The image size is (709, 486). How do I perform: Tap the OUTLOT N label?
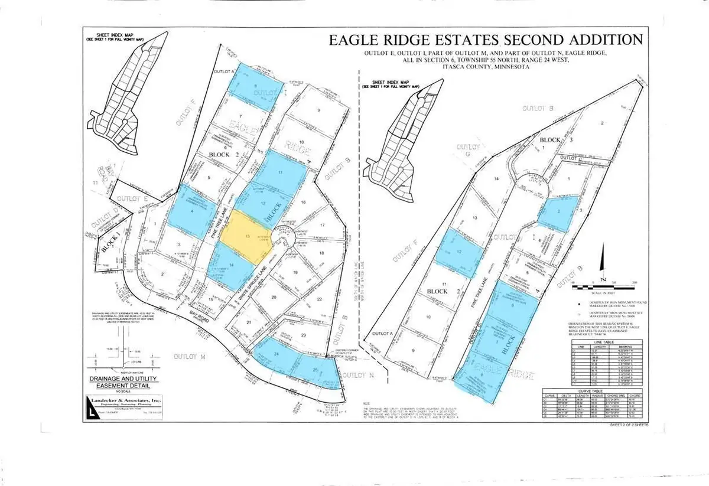pos(359,376)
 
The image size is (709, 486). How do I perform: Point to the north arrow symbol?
pos(603,260)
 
